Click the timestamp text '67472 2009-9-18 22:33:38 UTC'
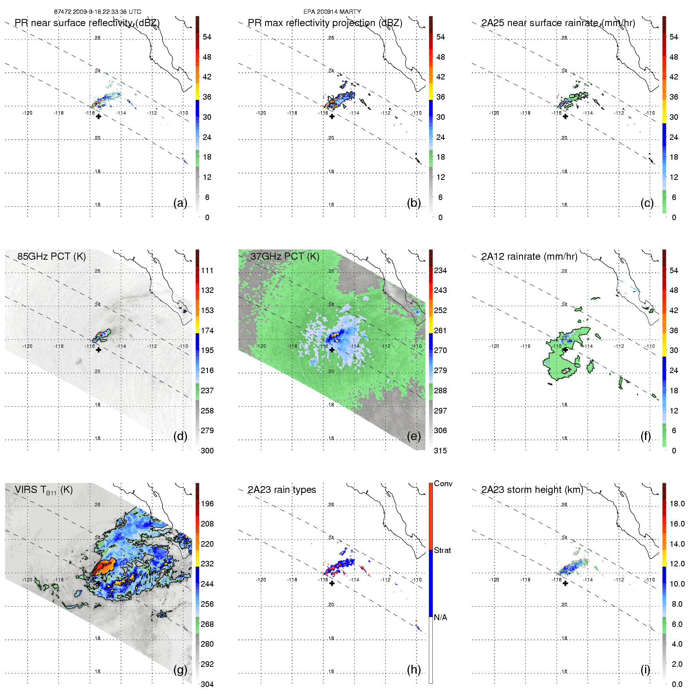(x=98, y=12)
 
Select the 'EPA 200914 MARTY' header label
(x=332, y=12)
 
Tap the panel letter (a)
(x=180, y=203)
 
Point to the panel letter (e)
(x=414, y=436)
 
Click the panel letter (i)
(x=645, y=670)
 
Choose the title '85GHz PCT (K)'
(x=51, y=257)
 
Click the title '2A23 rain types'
(x=282, y=490)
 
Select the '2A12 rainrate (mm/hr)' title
(x=529, y=257)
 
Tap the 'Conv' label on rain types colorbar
(x=443, y=484)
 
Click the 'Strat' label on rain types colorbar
(x=442, y=551)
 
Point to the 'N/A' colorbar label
(x=440, y=618)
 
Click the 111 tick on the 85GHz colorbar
(x=207, y=271)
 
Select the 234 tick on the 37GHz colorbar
(x=440, y=271)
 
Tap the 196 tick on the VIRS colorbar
(x=207, y=504)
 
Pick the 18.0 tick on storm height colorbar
(x=677, y=504)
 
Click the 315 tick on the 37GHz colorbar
(x=440, y=451)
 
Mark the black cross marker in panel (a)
(x=98, y=117)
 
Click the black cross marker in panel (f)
(x=565, y=350)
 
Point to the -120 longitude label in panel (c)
(x=494, y=113)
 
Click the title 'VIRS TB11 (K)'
(x=43, y=490)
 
